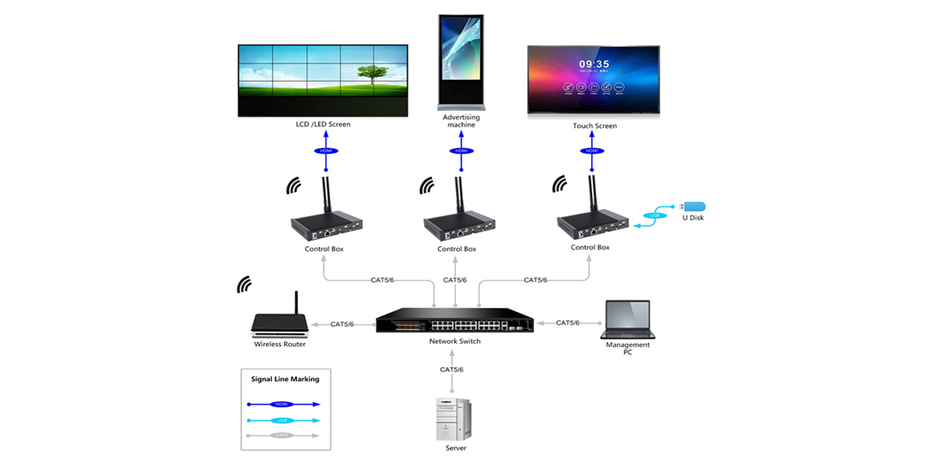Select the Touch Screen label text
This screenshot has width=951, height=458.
(x=594, y=126)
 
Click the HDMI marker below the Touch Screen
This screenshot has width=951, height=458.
(x=591, y=151)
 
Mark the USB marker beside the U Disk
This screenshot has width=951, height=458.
(x=654, y=216)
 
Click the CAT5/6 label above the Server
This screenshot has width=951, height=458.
(x=452, y=369)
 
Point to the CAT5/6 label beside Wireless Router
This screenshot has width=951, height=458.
(x=342, y=324)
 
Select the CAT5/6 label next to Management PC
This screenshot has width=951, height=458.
(x=567, y=323)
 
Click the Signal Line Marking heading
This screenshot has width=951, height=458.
(x=285, y=379)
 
